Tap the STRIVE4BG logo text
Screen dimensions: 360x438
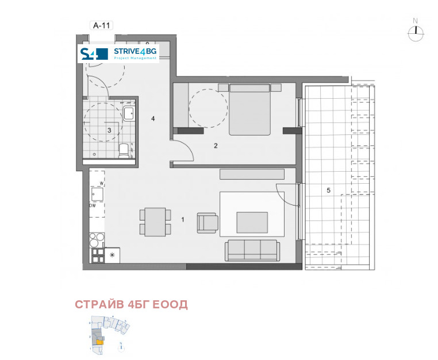point(135,52)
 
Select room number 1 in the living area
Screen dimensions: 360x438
point(183,219)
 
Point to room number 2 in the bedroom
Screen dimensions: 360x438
point(216,145)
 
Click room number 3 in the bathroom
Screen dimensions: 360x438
point(109,130)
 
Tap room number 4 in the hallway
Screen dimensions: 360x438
point(153,119)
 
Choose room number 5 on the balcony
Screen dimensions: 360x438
point(328,190)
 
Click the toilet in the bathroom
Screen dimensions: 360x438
point(124,150)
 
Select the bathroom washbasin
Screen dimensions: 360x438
point(129,113)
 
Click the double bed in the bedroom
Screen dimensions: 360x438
point(249,110)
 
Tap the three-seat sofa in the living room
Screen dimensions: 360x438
point(252,249)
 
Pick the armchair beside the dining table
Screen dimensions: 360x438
point(208,223)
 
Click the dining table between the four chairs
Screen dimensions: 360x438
point(155,222)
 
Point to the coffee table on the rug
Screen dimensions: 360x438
point(252,222)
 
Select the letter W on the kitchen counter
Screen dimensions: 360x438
point(101,184)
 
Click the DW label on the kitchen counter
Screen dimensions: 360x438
point(92,204)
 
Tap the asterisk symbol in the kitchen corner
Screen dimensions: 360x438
point(112,254)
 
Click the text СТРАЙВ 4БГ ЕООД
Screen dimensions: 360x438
point(131,304)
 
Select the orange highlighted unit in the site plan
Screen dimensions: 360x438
point(99,342)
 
